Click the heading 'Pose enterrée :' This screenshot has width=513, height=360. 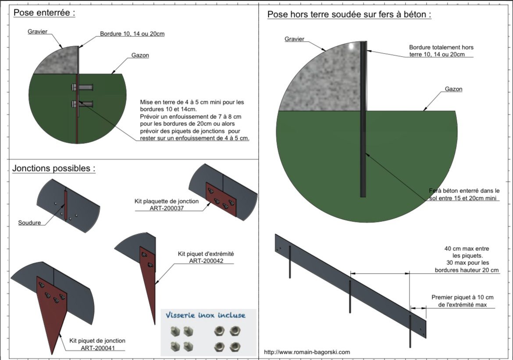[x=44, y=13]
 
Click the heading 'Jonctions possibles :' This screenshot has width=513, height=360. [x=54, y=168]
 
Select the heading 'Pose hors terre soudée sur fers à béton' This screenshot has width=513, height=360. [x=347, y=14]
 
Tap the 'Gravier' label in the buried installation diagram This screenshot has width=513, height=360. [x=37, y=32]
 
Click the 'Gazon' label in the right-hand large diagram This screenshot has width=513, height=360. [x=453, y=89]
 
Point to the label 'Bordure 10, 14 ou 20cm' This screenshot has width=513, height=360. [x=132, y=34]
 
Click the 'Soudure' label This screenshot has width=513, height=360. [x=29, y=223]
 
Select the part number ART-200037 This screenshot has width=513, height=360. [x=167, y=208]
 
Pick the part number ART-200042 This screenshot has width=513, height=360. [x=206, y=261]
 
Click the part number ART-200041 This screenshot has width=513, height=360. [x=98, y=348]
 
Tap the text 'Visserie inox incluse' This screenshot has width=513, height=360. [x=205, y=315]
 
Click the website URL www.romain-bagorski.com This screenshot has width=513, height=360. [x=307, y=352]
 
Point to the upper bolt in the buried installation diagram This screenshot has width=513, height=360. [x=82, y=87]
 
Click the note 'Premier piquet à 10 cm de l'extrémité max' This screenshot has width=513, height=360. [x=462, y=301]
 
